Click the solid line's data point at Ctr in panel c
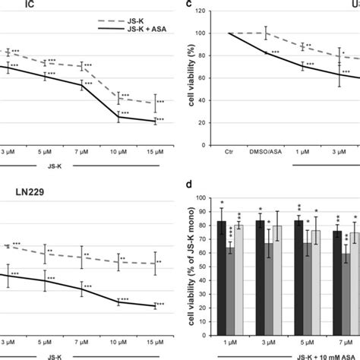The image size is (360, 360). [x=227, y=33]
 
